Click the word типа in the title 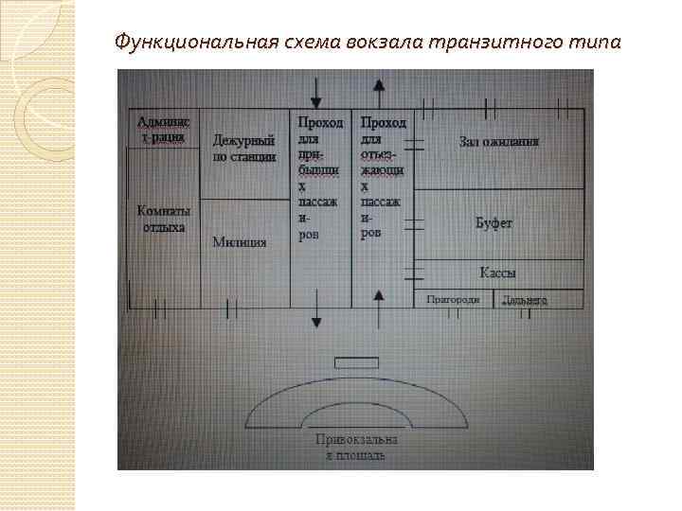tap(595, 43)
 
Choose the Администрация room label tap(164, 129)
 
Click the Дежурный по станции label tap(243, 149)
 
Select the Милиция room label tap(239, 241)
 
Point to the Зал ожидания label tap(498, 142)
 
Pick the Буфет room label tap(494, 223)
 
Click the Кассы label tap(497, 273)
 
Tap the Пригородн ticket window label tap(459, 299)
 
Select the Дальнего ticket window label tap(525, 299)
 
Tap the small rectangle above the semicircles tap(356, 362)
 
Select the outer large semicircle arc tap(356, 386)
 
